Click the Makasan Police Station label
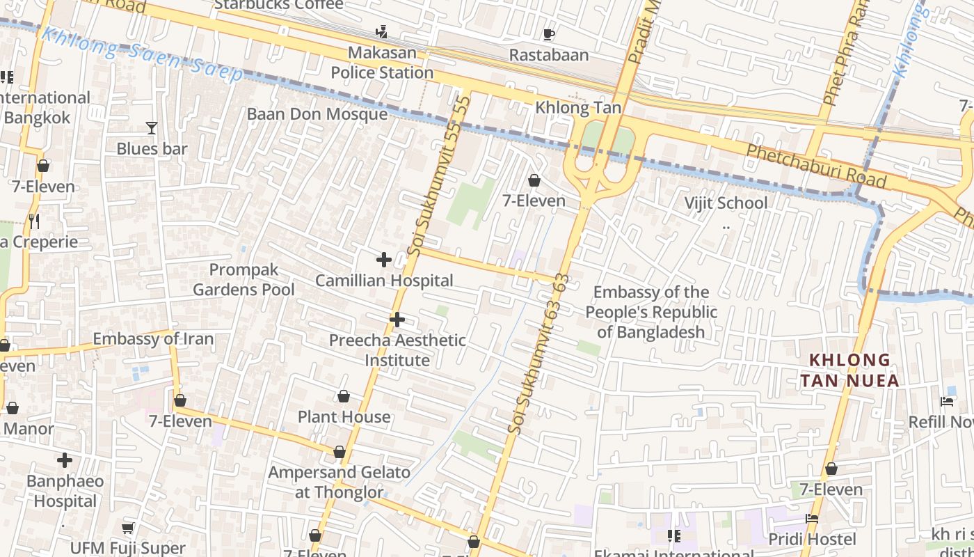[x=382, y=63]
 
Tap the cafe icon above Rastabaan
[x=549, y=33]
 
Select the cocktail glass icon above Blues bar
[x=152, y=127]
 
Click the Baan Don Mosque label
[x=317, y=113]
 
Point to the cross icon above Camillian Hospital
[x=383, y=260]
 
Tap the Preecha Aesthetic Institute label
[x=397, y=350]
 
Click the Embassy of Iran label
[x=153, y=339]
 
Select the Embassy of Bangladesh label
[x=651, y=312]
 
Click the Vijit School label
[x=726, y=203]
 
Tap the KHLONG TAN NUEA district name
[x=849, y=370]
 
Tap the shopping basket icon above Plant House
[x=343, y=397]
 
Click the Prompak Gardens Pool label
[x=243, y=279]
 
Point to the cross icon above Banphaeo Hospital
[x=65, y=460]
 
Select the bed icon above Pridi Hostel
[x=812, y=519]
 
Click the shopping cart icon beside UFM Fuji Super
[x=128, y=528]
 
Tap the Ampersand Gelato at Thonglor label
[x=340, y=482]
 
